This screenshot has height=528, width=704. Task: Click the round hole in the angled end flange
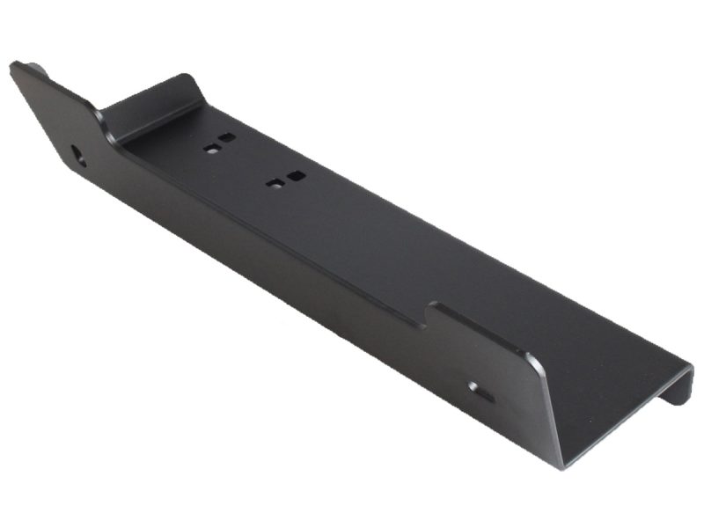tap(79, 157)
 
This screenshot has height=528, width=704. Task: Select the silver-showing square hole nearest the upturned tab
tap(211, 149)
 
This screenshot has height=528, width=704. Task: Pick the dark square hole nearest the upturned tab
tap(227, 138)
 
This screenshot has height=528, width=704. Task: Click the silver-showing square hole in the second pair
tap(275, 184)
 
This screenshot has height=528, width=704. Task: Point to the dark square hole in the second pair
tap(297, 175)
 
